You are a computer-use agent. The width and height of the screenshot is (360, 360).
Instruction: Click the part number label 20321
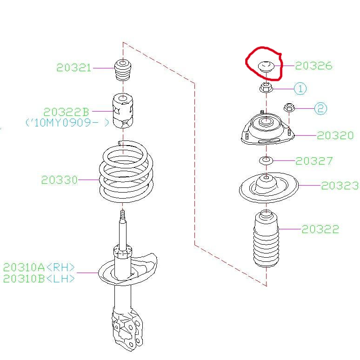(74, 67)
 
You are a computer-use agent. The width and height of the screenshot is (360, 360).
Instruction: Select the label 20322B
(66, 112)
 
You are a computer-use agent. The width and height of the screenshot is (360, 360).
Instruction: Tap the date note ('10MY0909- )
(67, 123)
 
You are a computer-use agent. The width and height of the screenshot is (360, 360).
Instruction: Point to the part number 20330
(59, 180)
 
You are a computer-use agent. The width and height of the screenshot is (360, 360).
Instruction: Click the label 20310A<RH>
(39, 267)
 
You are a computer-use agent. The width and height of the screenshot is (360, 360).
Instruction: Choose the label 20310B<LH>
(39, 279)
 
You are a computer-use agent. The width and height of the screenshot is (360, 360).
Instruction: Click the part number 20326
(313, 66)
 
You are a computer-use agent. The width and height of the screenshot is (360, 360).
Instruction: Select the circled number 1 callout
(300, 88)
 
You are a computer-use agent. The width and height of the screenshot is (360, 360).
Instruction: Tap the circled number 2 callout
(320, 109)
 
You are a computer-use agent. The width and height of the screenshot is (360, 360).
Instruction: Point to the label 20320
(335, 135)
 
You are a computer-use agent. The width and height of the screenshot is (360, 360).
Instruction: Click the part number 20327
(314, 161)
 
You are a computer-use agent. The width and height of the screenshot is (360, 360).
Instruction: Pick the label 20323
(340, 186)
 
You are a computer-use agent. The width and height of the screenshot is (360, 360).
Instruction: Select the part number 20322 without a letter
(320, 229)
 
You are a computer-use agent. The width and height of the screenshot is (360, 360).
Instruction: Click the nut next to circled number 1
(265, 87)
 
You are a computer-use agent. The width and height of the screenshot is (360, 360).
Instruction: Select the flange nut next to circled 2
(288, 108)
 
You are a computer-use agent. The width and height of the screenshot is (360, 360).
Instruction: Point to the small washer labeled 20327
(266, 161)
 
